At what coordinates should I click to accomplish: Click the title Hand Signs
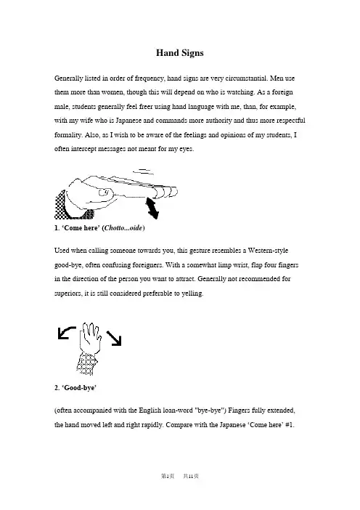point(180,53)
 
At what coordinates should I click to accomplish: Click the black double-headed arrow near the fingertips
point(152,209)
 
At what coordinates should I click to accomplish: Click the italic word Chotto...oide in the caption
point(123,228)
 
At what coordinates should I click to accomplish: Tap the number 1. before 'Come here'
point(57,228)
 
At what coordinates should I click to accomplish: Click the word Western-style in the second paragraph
point(268,251)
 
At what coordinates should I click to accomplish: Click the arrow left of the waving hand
point(67,333)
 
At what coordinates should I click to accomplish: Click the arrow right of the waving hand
point(114,339)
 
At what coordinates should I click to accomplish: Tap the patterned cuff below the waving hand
point(87,364)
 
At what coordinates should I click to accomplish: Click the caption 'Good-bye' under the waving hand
point(75,388)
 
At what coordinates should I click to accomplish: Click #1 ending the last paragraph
point(290,425)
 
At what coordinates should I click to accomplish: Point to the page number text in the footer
point(180,476)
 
